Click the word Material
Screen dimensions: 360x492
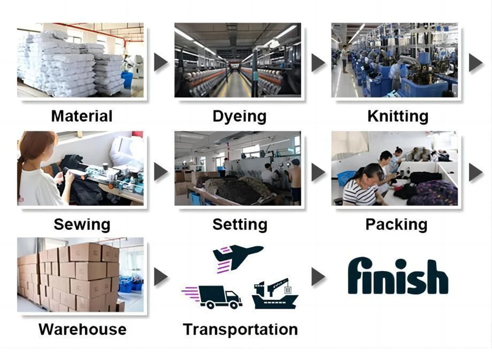point(82,116)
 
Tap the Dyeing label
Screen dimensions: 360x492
point(239,116)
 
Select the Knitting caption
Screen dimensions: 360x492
point(398,116)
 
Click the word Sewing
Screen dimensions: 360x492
point(82,225)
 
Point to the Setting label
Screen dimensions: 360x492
point(240,225)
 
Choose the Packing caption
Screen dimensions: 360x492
point(396,225)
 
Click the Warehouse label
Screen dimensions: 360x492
point(82,329)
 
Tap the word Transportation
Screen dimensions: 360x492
point(240,329)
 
